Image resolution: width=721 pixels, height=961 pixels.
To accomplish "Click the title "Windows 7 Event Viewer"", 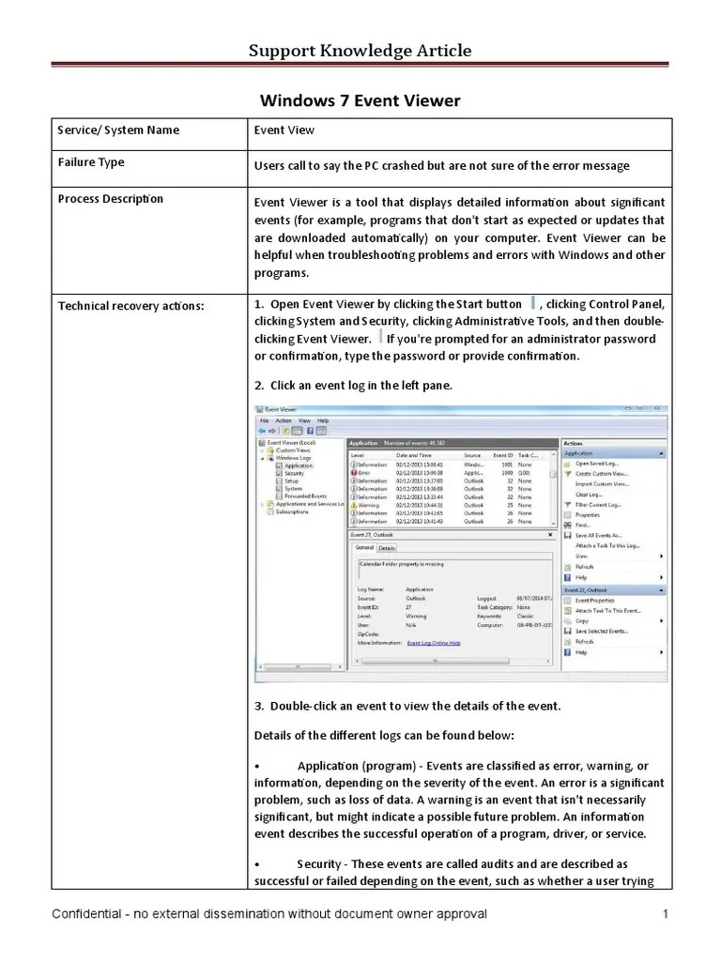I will coord(360,100).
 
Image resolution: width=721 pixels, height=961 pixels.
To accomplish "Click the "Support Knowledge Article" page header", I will coord(360,51).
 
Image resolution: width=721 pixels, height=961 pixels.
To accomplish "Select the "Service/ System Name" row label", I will coord(118,130).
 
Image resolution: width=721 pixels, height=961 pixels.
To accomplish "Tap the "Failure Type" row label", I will coord(91,162).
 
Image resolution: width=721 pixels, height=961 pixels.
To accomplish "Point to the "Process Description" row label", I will coord(111,199).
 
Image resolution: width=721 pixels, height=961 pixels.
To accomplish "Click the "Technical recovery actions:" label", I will coord(130,305).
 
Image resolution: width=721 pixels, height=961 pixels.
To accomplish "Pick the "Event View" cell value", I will coord(284,130).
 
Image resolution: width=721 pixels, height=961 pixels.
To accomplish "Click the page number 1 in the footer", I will coord(664,914).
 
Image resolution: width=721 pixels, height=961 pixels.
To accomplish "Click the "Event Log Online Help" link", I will coord(434,643).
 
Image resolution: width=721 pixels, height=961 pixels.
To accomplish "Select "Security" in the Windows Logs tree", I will coord(295,474).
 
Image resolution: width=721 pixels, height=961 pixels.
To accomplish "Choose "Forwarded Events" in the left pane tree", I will coord(306,496).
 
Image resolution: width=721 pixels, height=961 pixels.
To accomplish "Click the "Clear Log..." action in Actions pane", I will coord(589,494).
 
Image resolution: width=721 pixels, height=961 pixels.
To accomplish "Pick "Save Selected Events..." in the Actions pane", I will coord(602,631).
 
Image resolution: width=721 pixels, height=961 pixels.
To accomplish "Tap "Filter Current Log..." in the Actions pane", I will coord(598,505).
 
